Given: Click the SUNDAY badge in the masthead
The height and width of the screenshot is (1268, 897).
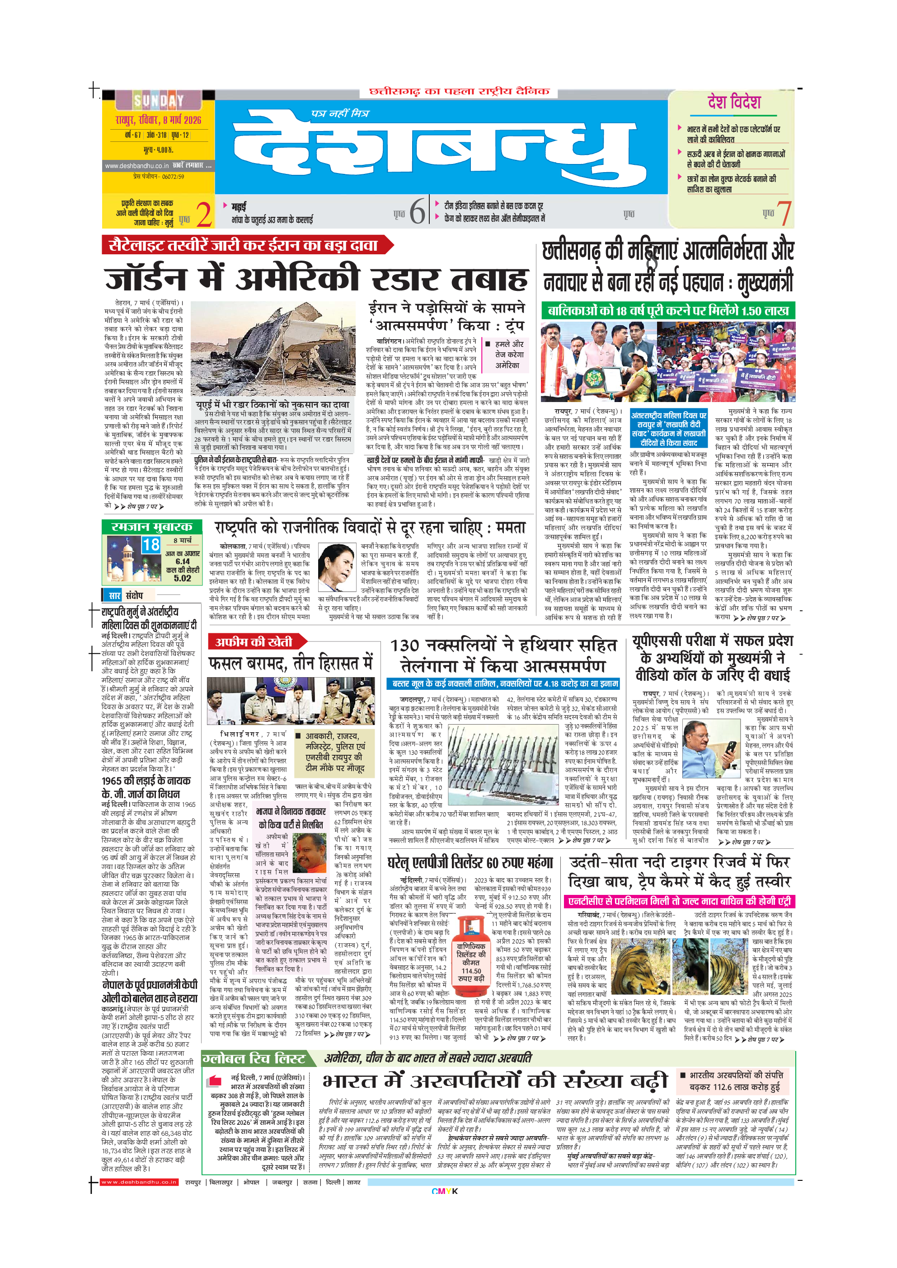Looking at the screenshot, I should click(158, 101).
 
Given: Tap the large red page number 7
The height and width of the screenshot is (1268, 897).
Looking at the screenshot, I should click(783, 213).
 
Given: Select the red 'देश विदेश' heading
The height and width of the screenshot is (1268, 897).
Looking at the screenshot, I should click(734, 103).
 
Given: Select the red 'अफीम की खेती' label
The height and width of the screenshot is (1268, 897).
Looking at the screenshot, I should click(253, 642).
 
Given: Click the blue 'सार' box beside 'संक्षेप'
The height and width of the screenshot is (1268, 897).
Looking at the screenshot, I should click(114, 595).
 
